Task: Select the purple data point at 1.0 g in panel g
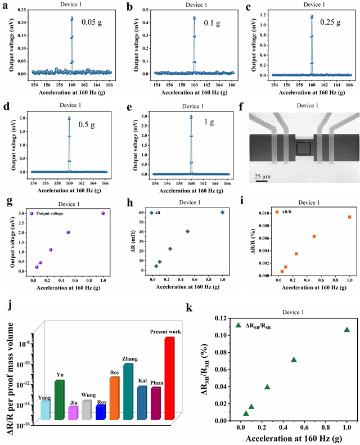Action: coord(103,213)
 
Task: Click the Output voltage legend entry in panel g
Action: coord(51,213)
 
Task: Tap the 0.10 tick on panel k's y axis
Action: coord(208,335)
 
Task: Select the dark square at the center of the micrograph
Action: coord(302,149)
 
